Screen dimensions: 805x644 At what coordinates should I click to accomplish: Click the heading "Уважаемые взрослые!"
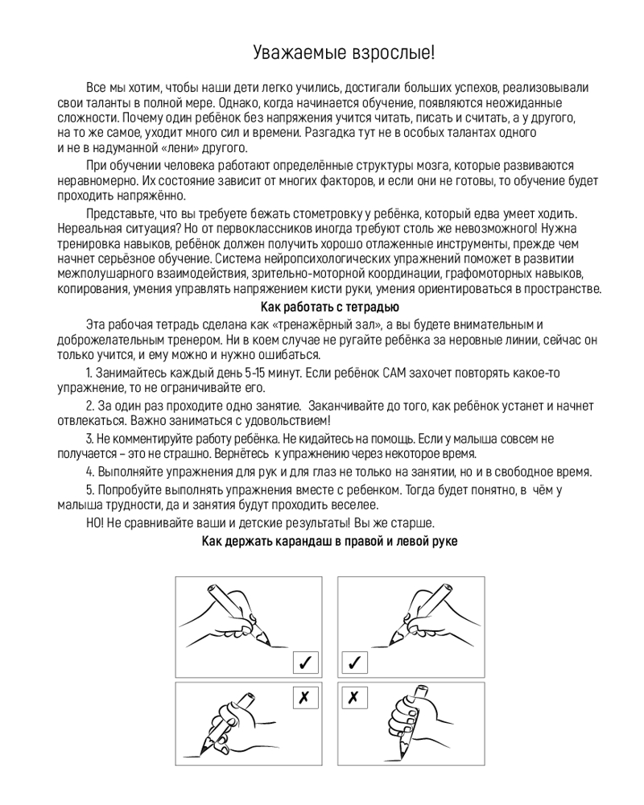click(344, 54)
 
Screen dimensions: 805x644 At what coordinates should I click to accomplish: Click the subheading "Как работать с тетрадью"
click(330, 306)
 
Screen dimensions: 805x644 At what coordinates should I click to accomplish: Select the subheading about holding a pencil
click(329, 542)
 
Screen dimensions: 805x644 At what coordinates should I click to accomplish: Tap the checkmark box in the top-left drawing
click(304, 663)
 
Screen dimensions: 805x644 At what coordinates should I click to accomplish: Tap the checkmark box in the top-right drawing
click(354, 663)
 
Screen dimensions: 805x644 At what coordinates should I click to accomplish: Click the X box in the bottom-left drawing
click(304, 697)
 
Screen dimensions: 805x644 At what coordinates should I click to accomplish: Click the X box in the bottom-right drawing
click(354, 697)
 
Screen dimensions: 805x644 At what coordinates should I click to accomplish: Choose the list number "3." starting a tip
click(90, 438)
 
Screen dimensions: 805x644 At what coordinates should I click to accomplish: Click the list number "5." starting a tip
click(90, 489)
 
